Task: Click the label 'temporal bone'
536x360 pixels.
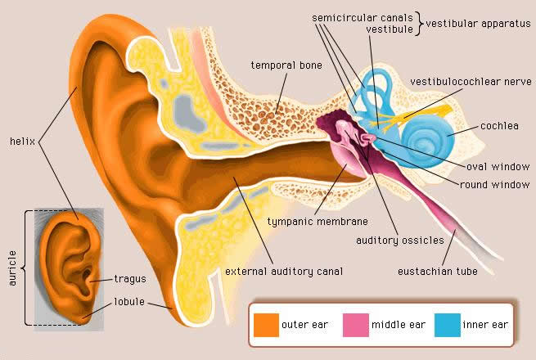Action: point(286,65)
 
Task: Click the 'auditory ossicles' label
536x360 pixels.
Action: point(399,241)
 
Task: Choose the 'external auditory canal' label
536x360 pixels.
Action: point(283,271)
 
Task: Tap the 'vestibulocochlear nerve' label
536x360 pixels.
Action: point(465,82)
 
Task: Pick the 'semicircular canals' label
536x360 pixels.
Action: point(362,16)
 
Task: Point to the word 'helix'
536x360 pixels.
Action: point(20,141)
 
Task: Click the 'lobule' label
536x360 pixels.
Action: point(129,301)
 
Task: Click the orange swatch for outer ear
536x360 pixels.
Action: point(265,325)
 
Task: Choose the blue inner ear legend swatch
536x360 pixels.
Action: point(447,325)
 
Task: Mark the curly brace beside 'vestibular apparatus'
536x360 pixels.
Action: point(420,24)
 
